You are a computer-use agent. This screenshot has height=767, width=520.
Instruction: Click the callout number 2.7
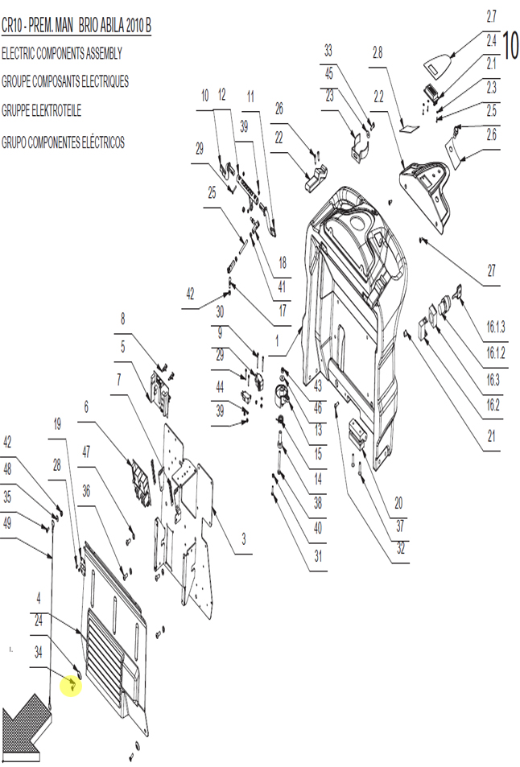pos(491,16)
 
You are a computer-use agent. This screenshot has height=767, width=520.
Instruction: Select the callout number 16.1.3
pos(496,327)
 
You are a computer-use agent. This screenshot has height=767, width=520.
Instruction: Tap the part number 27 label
pos(491,270)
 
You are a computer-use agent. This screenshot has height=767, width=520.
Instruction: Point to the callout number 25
pos(212,192)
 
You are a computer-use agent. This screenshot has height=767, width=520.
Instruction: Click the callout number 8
pos(123,319)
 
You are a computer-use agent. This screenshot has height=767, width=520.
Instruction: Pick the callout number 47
pos(86,452)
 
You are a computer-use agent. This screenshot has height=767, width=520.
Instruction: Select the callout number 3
pos(244,539)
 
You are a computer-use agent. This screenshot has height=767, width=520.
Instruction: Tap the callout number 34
pos(38,652)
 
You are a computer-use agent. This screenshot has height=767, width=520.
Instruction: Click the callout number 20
pos(398,503)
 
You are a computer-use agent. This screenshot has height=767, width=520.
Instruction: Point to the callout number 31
pos(318,556)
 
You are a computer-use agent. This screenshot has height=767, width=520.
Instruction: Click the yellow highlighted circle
pos(71,686)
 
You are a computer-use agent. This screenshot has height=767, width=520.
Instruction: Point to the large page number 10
pos(510,45)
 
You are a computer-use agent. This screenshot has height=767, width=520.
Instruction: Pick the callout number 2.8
pos(378,52)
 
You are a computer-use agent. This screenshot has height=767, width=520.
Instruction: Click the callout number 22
pos(279,138)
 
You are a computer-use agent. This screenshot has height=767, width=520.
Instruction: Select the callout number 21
pos(491,436)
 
